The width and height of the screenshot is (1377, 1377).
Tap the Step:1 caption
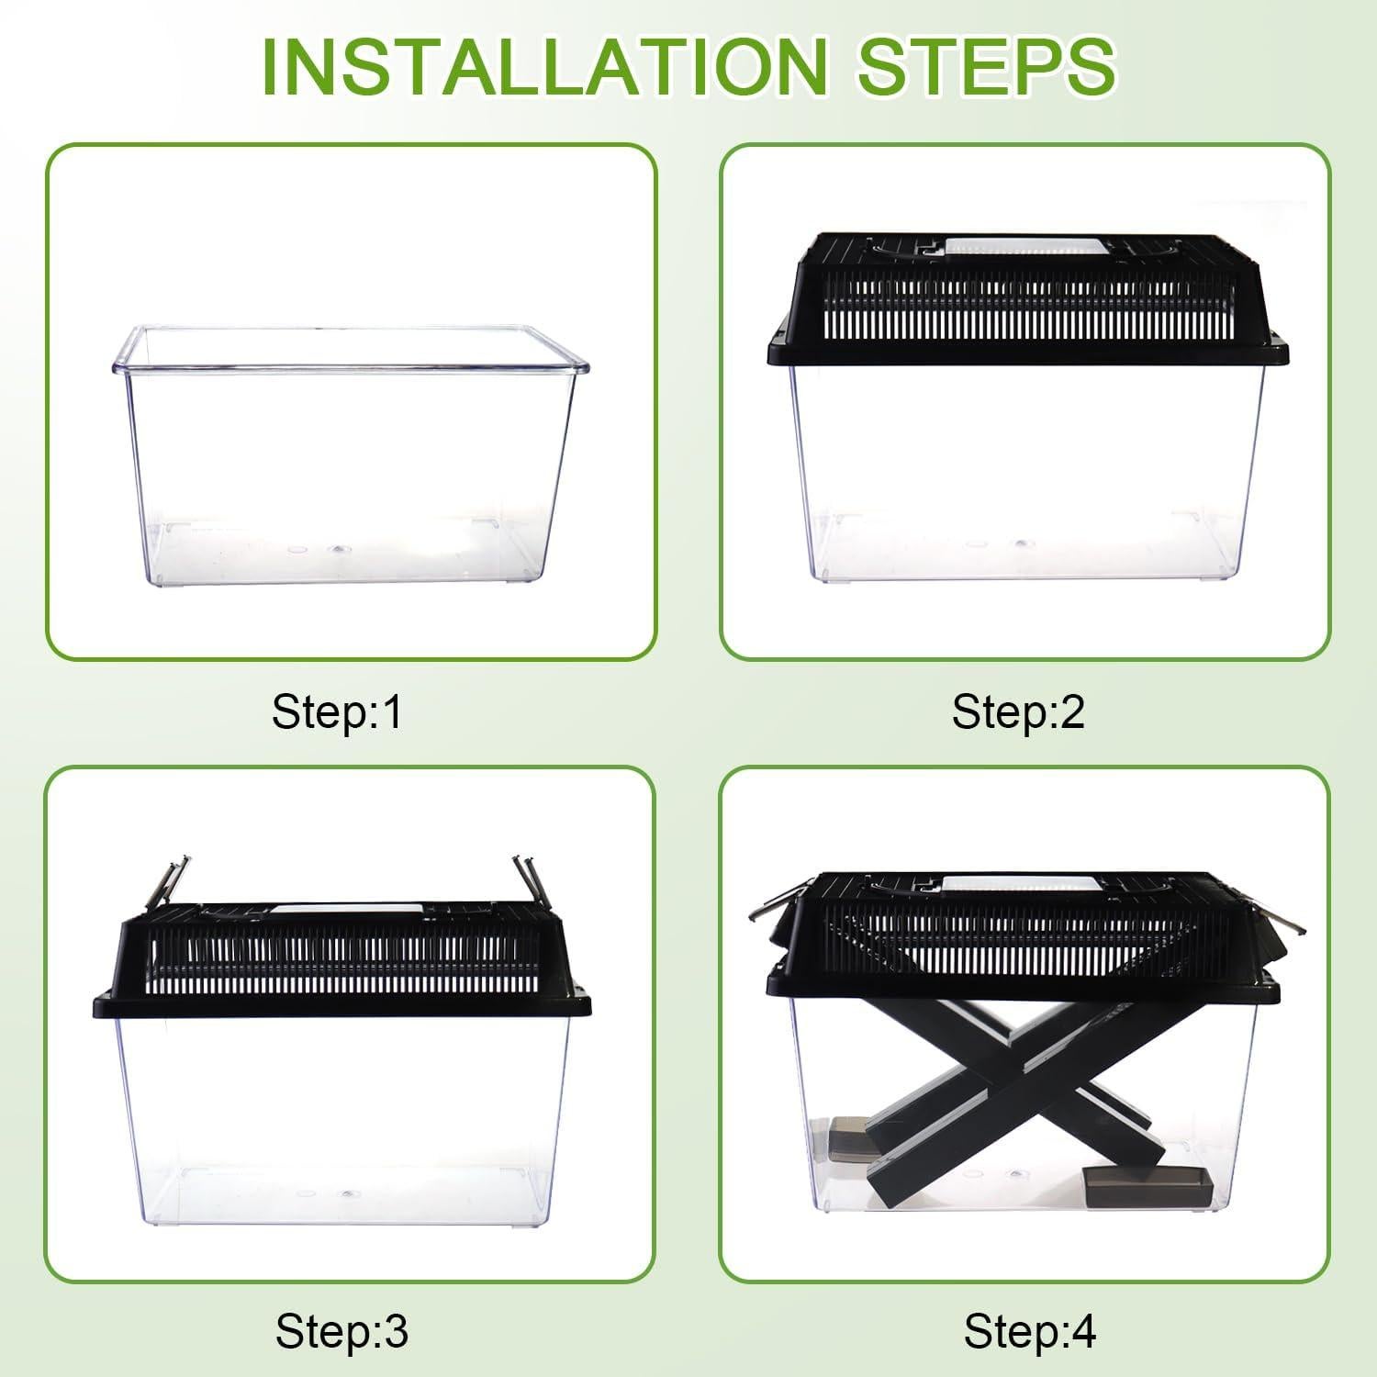[x=337, y=711]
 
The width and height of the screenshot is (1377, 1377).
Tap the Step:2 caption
[x=1018, y=711]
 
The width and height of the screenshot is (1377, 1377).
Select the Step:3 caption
[x=341, y=1331]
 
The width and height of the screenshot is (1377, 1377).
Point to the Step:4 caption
[x=1029, y=1331]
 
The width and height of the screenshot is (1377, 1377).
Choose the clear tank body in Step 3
[x=344, y=1120]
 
